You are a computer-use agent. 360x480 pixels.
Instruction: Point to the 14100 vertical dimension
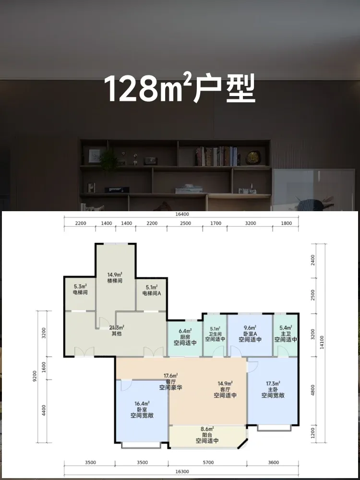pyautogui.click(x=321, y=343)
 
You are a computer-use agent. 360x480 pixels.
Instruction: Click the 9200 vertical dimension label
pyautogui.click(x=35, y=376)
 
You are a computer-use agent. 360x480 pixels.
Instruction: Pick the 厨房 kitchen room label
pyautogui.click(x=185, y=337)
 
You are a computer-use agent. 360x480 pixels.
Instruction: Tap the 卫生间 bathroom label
pyautogui.click(x=215, y=334)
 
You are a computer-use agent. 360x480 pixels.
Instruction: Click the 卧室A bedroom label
pyautogui.click(x=250, y=334)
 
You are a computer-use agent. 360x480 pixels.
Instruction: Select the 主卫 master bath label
pyautogui.click(x=286, y=334)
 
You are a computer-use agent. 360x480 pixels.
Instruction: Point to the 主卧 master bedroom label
pyautogui.click(x=273, y=389)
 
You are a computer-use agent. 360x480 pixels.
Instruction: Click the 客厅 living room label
pyautogui.click(x=225, y=389)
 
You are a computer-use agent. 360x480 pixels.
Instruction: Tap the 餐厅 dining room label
pyautogui.click(x=171, y=382)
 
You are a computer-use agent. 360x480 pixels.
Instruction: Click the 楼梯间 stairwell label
pyautogui.click(x=115, y=281)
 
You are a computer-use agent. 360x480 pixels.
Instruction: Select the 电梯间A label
pyautogui.click(x=152, y=293)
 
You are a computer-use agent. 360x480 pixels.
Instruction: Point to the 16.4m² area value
pyautogui.click(x=142, y=404)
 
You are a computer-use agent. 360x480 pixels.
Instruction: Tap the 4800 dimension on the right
pyautogui.click(x=312, y=390)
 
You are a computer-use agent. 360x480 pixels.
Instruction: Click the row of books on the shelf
pyautogui.click(x=217, y=156)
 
